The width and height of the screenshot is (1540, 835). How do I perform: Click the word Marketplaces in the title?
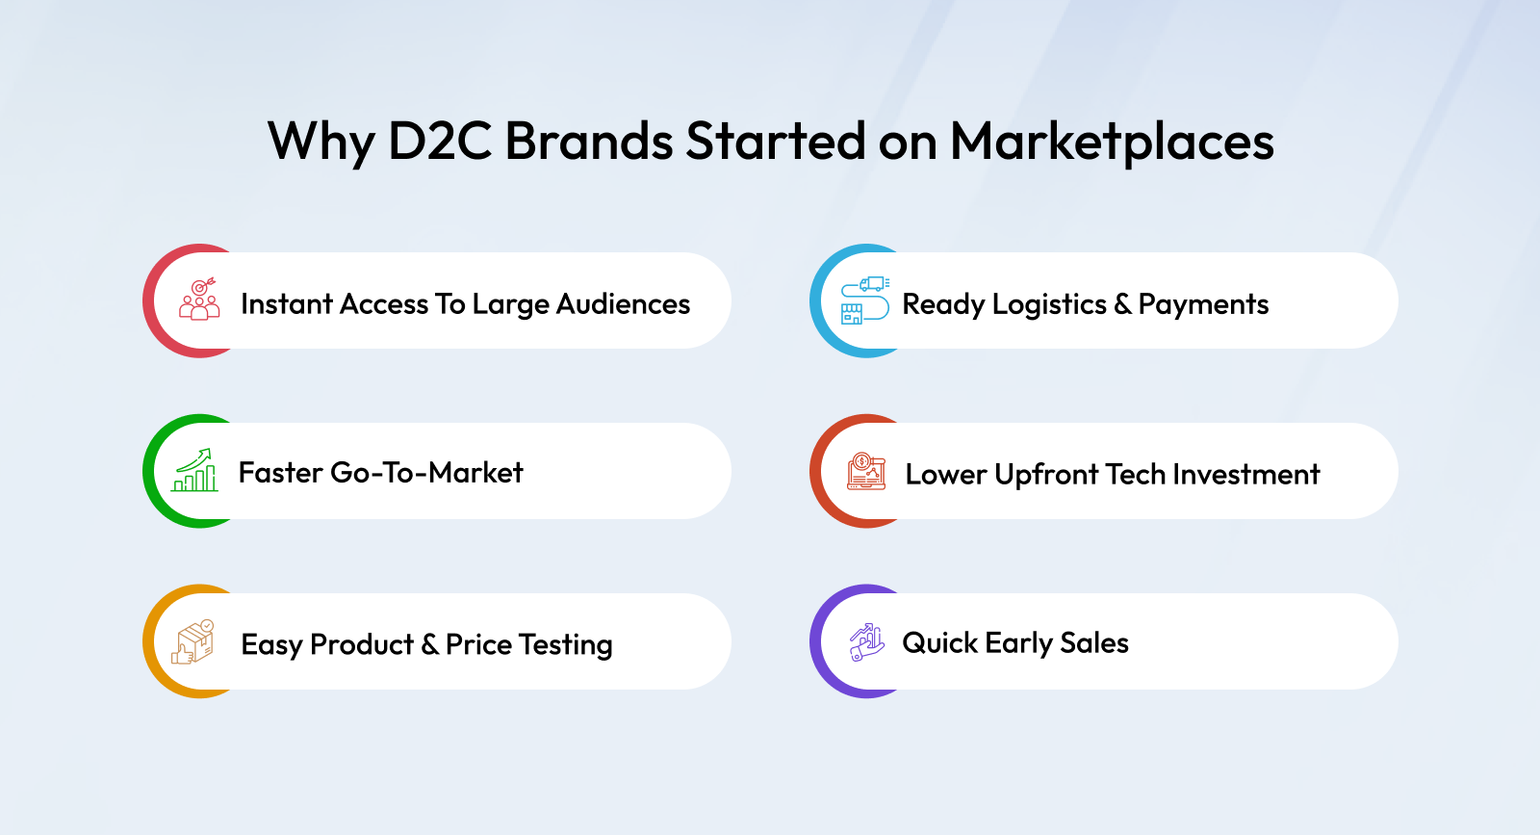(x=1112, y=143)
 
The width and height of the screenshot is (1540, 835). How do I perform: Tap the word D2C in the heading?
(x=439, y=141)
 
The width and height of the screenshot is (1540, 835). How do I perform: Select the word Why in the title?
(x=321, y=144)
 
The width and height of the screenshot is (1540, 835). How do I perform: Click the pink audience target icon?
(x=199, y=299)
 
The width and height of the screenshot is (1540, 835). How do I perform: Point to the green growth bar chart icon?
(x=194, y=470)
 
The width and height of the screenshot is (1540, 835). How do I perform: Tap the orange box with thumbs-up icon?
(x=193, y=641)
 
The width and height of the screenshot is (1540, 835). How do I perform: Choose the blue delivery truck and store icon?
(x=865, y=300)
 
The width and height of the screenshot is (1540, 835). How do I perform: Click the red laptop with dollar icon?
(x=866, y=471)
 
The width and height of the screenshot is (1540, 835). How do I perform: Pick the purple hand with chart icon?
(x=866, y=642)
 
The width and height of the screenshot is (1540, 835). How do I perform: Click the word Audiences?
(x=623, y=304)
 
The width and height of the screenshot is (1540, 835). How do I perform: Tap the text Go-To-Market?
(x=427, y=473)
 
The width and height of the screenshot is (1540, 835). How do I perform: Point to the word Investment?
(x=1245, y=474)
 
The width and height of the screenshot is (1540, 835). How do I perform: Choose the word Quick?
(x=939, y=643)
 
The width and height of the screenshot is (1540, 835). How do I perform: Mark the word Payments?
(x=1203, y=305)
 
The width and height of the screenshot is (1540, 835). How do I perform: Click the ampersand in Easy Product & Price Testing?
(x=429, y=644)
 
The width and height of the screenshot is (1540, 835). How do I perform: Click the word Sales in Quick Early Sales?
(x=1093, y=643)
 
